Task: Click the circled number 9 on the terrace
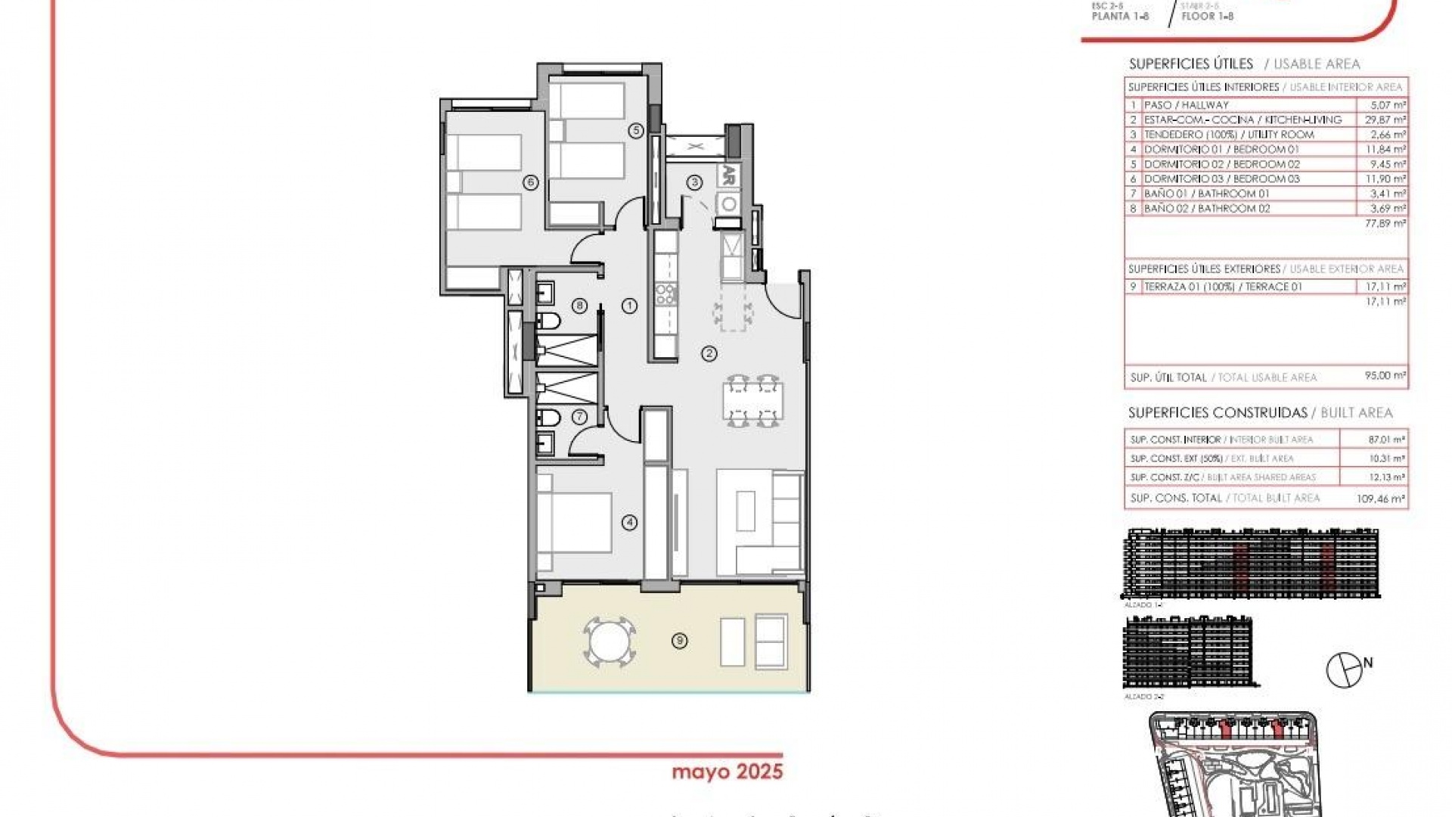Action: click(679, 641)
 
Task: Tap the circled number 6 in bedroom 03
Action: click(530, 182)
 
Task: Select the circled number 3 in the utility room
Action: click(694, 182)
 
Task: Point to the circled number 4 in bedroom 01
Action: click(629, 522)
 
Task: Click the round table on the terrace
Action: click(608, 642)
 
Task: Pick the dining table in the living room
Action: click(752, 401)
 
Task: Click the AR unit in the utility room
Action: click(728, 175)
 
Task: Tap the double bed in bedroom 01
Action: click(575, 523)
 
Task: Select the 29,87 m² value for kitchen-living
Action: click(1385, 120)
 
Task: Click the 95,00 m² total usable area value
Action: click(1385, 376)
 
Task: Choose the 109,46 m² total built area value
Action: click(1380, 499)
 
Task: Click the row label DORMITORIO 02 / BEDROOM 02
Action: click(1221, 164)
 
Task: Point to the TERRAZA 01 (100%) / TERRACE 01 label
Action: click(1223, 287)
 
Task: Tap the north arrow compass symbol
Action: click(1344, 670)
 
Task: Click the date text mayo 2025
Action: click(727, 772)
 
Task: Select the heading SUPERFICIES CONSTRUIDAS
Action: click(1218, 413)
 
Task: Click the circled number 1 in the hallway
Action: click(629, 306)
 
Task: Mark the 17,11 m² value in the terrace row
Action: click(1385, 287)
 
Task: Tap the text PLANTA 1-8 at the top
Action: click(1120, 16)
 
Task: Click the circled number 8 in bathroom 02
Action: click(579, 306)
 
